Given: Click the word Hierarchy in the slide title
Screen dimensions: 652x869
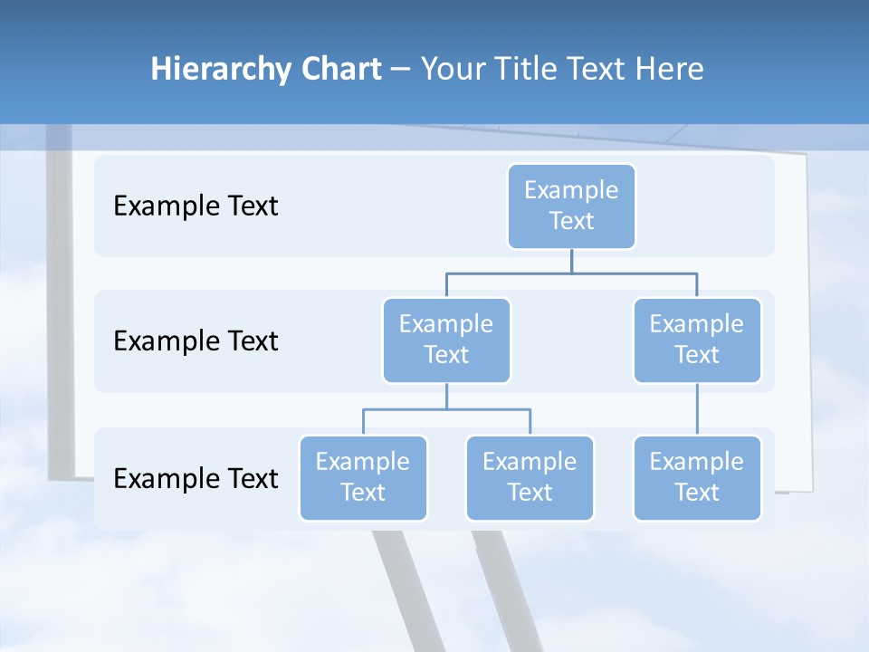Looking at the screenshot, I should [x=213, y=70].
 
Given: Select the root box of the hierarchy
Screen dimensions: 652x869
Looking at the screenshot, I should [x=571, y=206].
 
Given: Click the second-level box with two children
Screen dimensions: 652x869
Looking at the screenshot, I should [x=446, y=340].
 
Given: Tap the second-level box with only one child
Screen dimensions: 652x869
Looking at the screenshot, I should [x=697, y=340].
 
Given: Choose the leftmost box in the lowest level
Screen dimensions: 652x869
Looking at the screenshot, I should [x=363, y=477].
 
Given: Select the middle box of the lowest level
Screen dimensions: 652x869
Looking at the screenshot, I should [x=530, y=477].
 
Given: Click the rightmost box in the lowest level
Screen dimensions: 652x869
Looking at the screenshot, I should [x=697, y=477].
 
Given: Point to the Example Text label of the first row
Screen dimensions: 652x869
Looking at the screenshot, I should [x=196, y=206].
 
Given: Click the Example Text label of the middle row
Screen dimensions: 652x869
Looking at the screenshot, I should [x=196, y=341].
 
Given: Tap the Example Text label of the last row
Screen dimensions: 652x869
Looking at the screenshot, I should [x=196, y=478].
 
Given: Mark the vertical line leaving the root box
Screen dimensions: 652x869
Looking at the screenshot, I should [x=571, y=261].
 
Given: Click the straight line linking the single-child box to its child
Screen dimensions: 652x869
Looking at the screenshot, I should [x=697, y=409].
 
